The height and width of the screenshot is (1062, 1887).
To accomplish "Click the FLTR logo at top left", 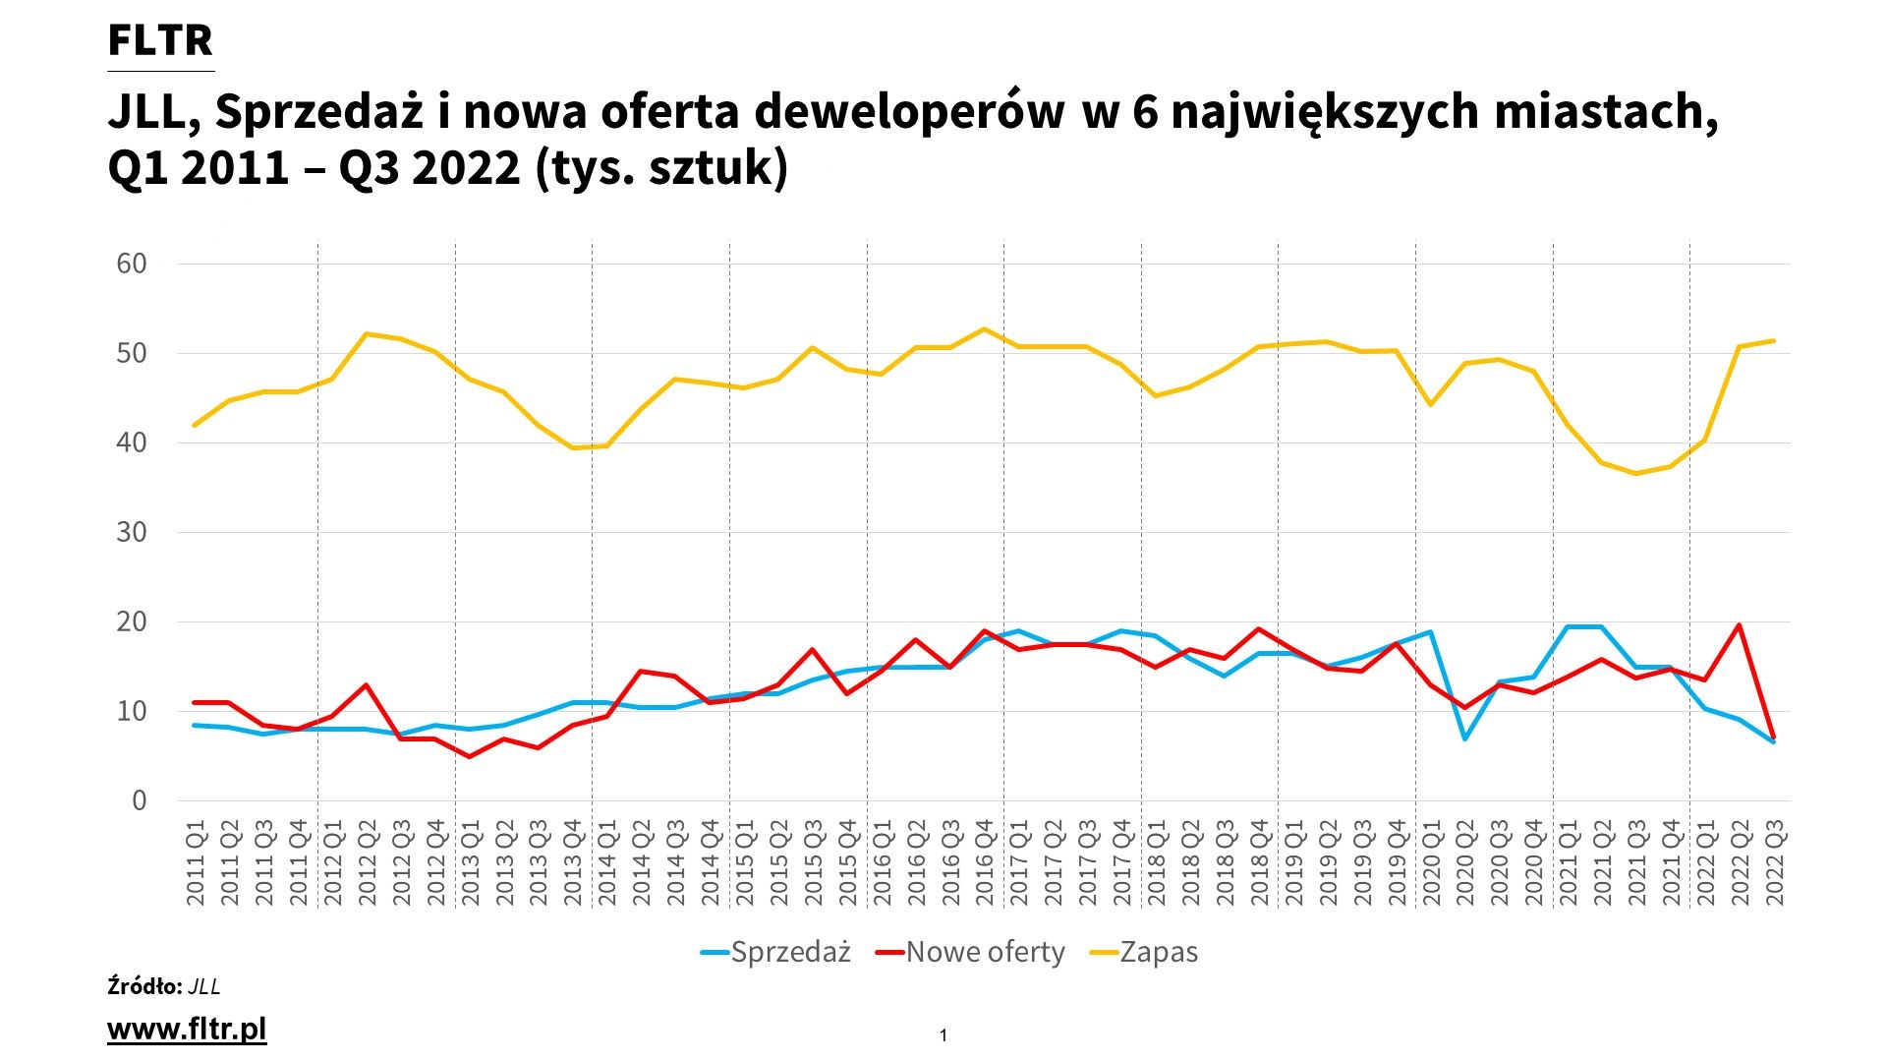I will pos(160,41).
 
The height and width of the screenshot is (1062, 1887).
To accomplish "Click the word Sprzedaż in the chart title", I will pos(318,112).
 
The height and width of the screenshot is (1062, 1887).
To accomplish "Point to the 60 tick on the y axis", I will pos(131,264).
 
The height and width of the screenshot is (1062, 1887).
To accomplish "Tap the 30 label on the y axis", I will pos(131,532).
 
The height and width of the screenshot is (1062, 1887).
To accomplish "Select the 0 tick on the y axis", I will pos(139,800).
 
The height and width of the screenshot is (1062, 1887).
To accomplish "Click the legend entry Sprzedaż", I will pos(790,952).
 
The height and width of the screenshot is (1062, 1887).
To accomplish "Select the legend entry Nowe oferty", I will pos(985,952).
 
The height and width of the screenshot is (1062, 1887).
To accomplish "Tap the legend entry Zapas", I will pos(1159,952).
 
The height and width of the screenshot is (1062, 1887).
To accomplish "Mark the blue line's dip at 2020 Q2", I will pos(1465,738).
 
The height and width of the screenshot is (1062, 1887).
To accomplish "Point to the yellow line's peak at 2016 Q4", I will pos(985,329).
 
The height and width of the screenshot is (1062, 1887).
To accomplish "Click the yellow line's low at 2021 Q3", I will pos(1636,473).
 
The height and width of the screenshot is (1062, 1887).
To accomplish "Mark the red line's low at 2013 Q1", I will pos(470,756).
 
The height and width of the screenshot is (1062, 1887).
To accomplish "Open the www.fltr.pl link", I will pos(187,1030).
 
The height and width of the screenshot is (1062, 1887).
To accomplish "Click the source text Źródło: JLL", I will pos(164,986).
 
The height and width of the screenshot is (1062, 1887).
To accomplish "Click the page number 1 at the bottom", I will pos(943,1035).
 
